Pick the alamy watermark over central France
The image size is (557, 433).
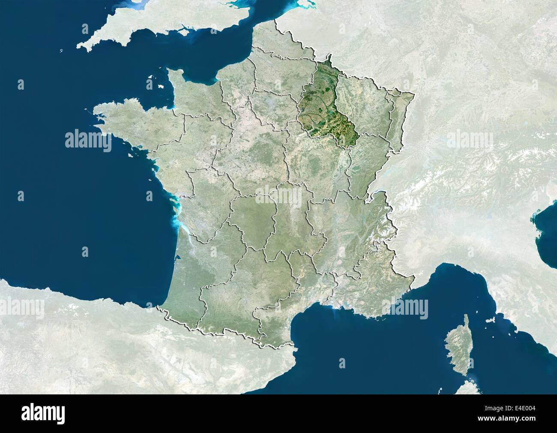[x=279, y=195]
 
